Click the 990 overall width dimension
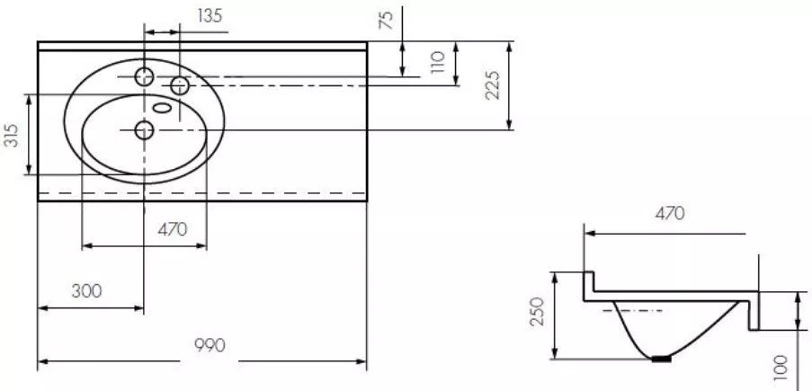210,345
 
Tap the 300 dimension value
86,291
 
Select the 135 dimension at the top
210,15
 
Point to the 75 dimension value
387,20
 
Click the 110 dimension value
438,62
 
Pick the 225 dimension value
492,84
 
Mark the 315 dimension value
12,135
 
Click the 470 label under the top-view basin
173,229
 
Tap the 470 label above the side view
670,213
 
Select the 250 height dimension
539,311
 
